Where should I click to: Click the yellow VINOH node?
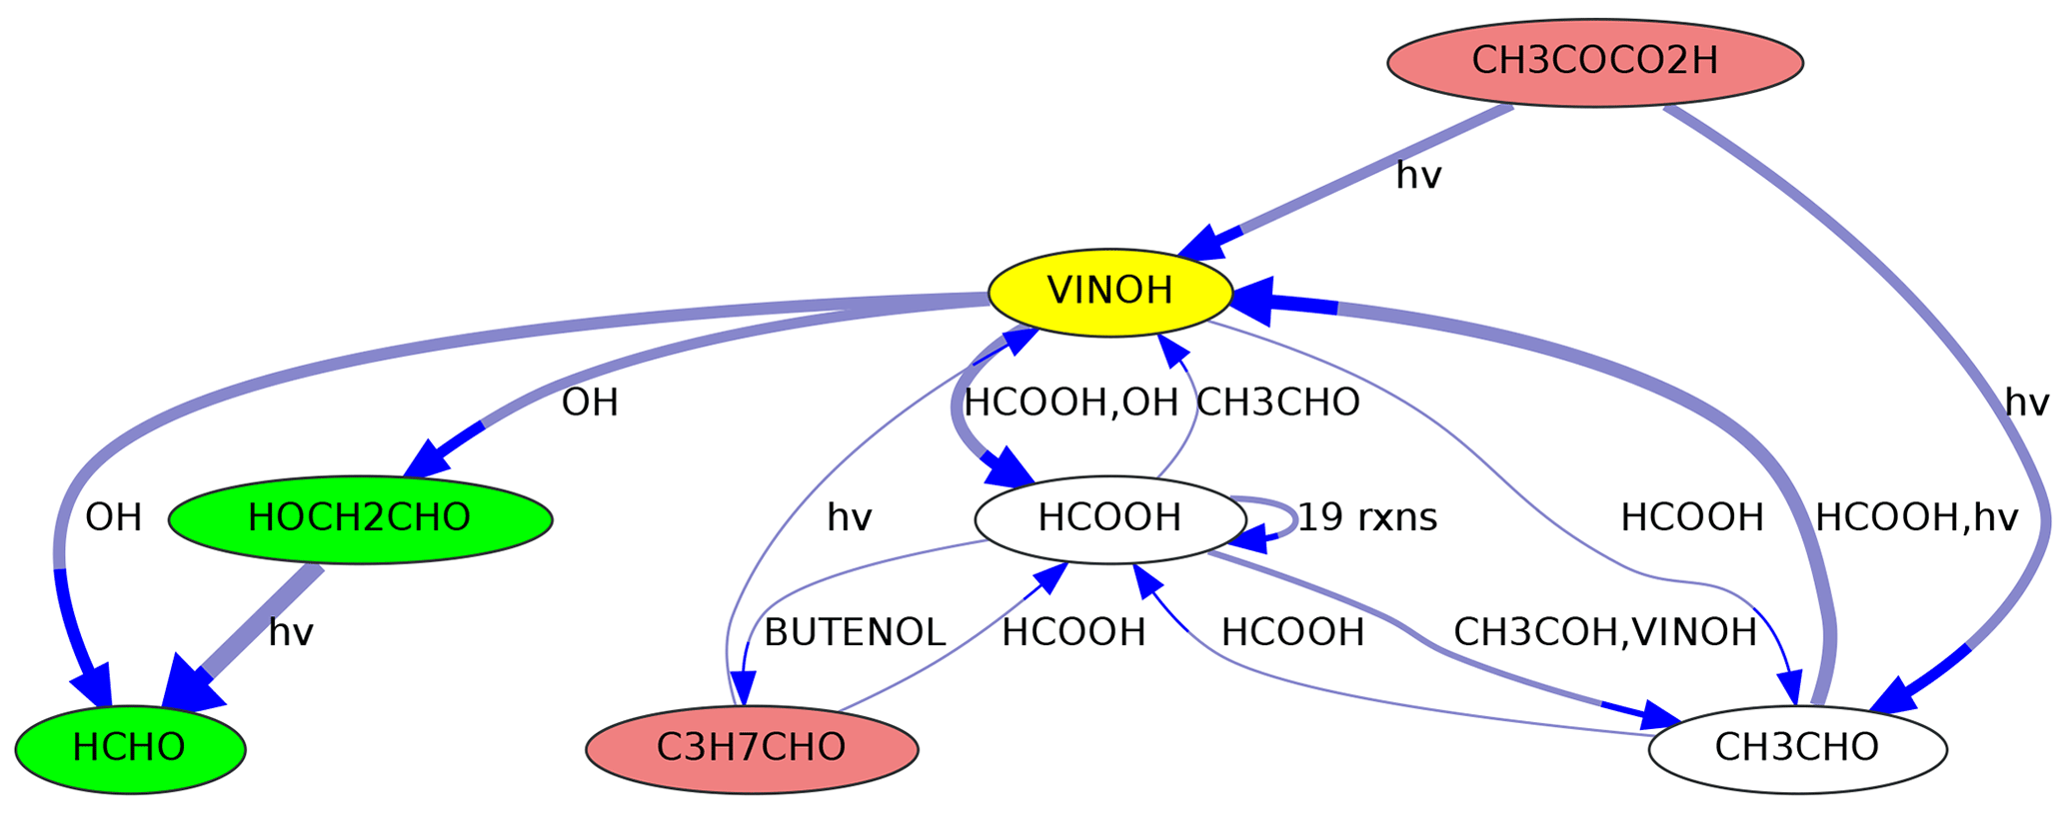pos(1108,292)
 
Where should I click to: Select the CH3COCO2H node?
pos(1594,62)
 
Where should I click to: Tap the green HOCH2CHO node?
pos(360,518)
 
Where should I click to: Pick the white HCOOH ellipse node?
pos(1109,518)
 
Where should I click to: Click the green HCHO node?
pos(130,748)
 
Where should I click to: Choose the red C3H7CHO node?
pos(752,748)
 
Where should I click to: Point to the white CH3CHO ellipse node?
pos(1796,748)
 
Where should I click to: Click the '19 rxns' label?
pos(1366,518)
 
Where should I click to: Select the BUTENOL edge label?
pos(854,633)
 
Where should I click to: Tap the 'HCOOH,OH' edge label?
pos(1070,404)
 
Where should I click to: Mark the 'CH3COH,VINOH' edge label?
pos(1604,633)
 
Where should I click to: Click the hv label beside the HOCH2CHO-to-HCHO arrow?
pos(291,633)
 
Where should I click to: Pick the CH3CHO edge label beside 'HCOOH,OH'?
pos(1277,404)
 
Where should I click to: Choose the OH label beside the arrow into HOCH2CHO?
pos(590,404)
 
